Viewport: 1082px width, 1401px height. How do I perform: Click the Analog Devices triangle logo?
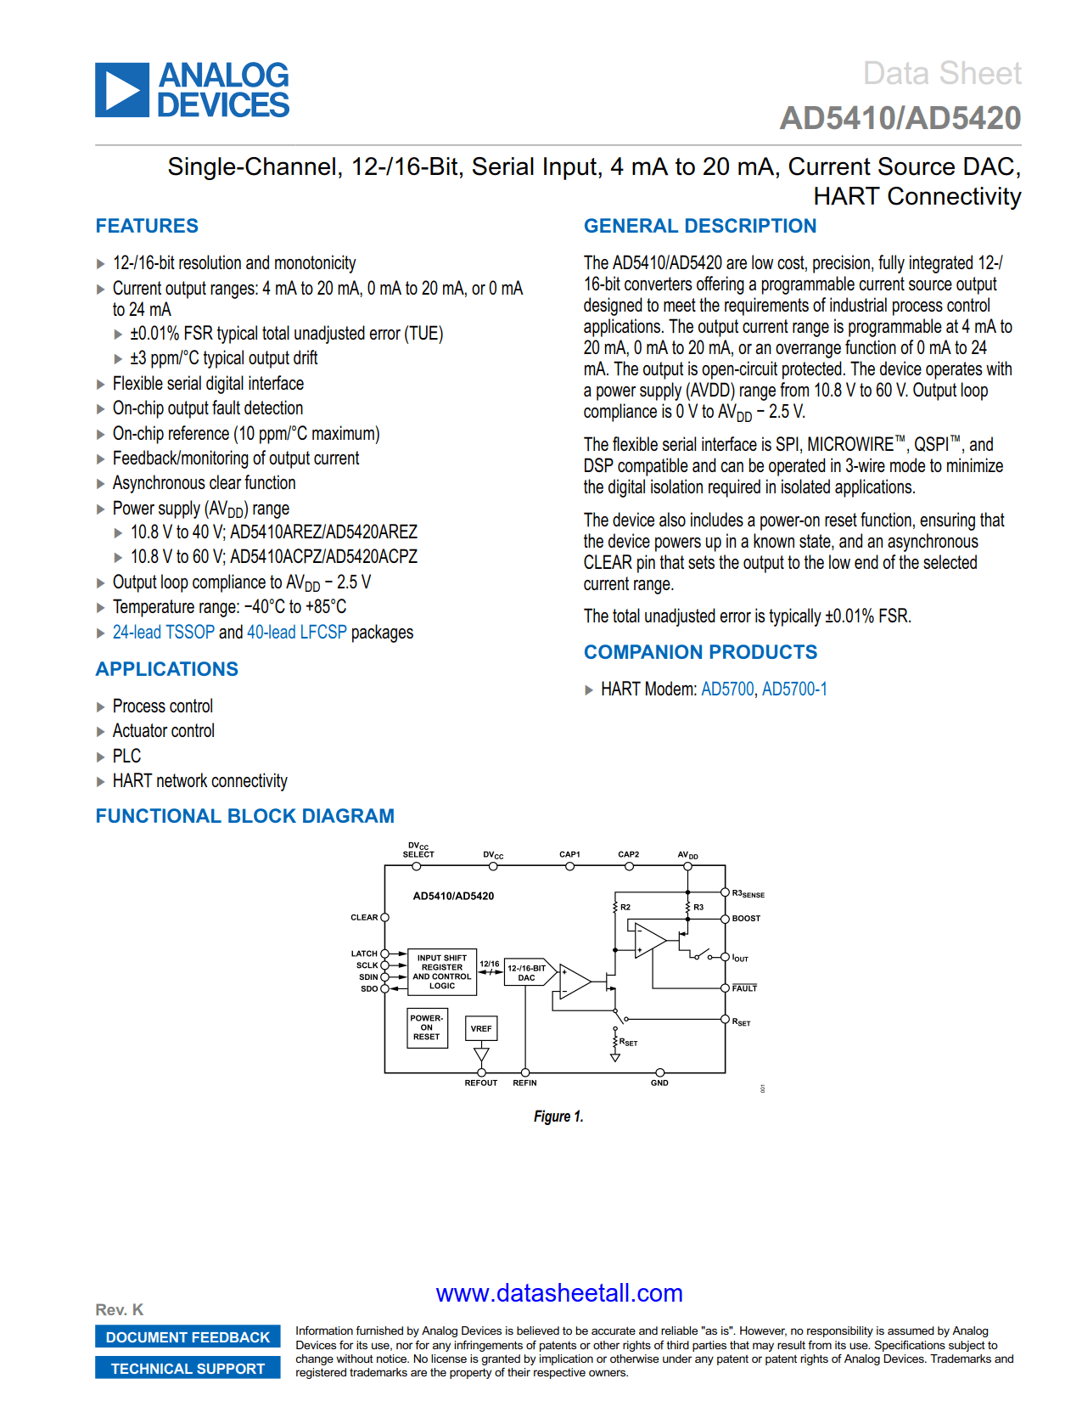(x=122, y=90)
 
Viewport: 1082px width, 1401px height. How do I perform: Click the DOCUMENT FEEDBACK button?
(x=188, y=1337)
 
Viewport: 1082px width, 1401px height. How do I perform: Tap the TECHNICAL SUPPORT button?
(x=188, y=1369)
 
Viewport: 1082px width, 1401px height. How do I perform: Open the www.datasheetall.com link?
(x=559, y=1293)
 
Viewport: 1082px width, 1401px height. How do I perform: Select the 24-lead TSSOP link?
(x=164, y=633)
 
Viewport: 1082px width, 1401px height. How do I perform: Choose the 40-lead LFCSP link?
(x=296, y=633)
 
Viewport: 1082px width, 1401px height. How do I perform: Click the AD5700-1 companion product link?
(x=794, y=689)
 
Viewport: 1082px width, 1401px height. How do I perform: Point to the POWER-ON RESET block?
(x=427, y=1027)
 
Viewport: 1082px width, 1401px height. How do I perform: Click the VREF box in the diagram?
(x=481, y=1028)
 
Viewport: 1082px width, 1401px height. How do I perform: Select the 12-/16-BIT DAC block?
(x=527, y=973)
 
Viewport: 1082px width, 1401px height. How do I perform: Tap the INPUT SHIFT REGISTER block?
(x=442, y=971)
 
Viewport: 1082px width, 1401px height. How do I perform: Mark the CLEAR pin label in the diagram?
(x=364, y=918)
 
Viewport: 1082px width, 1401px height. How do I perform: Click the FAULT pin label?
(x=744, y=988)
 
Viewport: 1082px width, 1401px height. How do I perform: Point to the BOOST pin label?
(x=746, y=919)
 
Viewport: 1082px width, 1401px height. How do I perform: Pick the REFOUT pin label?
(x=481, y=1083)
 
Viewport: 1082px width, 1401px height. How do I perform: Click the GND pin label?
(x=659, y=1083)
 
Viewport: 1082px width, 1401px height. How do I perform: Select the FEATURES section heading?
(x=147, y=226)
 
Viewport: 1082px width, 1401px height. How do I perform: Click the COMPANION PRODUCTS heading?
(x=700, y=652)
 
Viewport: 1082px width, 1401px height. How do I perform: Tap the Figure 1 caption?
(x=558, y=1117)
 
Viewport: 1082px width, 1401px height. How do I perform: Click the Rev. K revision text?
(x=120, y=1309)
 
